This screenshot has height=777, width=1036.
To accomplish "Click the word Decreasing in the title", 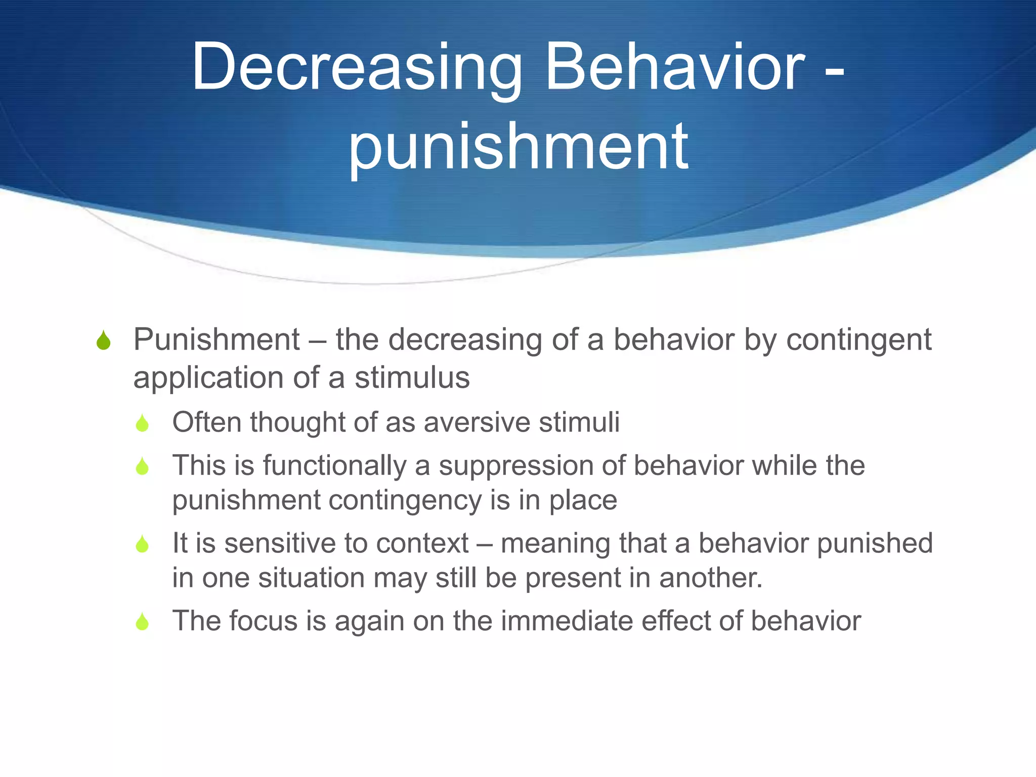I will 357,68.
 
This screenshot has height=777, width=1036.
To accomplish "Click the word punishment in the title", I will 518,147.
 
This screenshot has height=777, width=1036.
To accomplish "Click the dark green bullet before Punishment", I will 103,340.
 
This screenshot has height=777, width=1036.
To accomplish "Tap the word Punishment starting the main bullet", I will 217,339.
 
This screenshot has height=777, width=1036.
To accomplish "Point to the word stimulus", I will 412,378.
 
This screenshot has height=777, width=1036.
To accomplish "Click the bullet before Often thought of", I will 142,423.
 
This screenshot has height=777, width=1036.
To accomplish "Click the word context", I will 422,544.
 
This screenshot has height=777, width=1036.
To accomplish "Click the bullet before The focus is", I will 142,622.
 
